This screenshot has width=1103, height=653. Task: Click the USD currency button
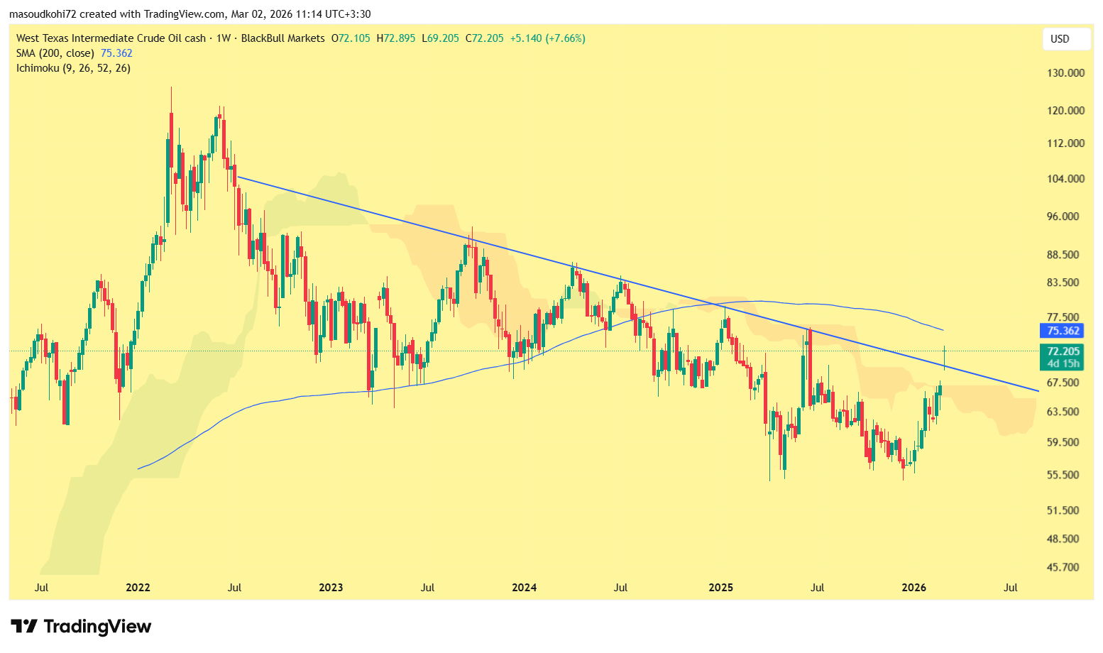(1060, 39)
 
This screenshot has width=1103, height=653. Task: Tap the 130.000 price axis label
(1066, 73)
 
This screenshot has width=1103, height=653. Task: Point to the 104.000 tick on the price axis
(1066, 179)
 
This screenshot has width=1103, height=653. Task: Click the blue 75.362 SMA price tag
(1063, 331)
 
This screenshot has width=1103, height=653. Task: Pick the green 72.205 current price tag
(1063, 351)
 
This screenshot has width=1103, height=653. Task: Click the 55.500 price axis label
(1063, 476)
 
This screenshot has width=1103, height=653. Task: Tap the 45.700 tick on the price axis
(1063, 568)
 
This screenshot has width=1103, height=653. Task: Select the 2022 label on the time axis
(138, 588)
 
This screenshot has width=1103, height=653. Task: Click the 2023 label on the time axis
(331, 588)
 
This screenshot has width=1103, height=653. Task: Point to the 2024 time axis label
(525, 588)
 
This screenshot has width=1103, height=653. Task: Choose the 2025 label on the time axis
(721, 588)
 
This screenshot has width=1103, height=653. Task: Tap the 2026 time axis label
(913, 588)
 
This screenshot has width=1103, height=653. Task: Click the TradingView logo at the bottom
(82, 627)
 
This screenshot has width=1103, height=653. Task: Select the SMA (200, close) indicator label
(55, 53)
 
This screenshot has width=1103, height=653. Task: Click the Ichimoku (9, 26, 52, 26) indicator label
(73, 68)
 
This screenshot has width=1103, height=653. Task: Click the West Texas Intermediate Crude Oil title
(111, 38)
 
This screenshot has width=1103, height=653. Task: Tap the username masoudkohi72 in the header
(43, 14)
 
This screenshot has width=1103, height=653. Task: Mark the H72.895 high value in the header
(395, 38)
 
